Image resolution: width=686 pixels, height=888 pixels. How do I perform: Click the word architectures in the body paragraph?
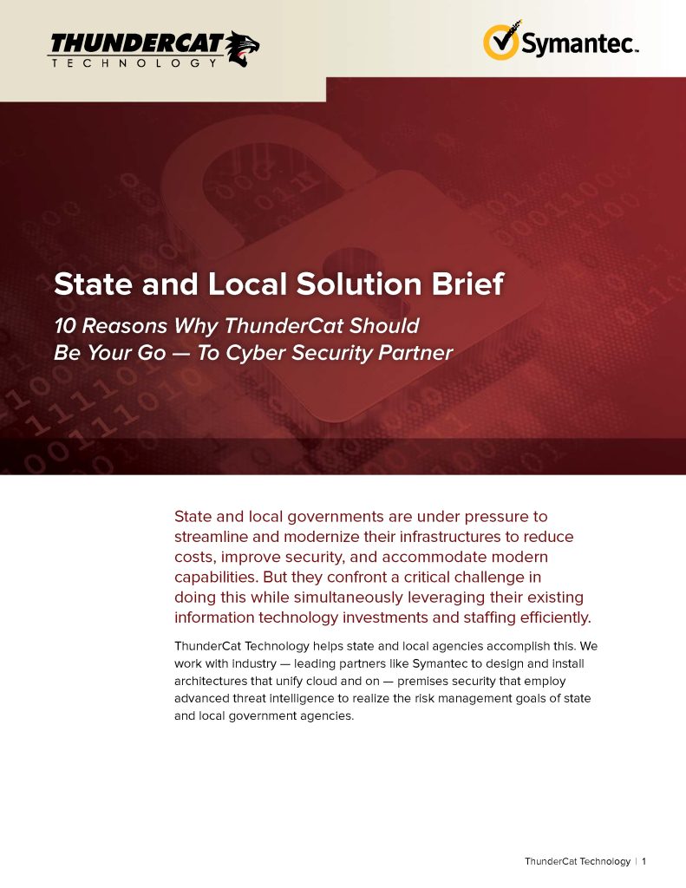212,681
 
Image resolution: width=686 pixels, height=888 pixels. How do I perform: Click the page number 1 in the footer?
644,861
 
